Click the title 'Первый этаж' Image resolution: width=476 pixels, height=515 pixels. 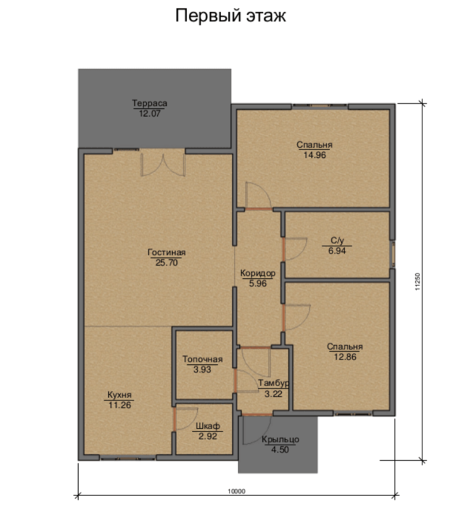coord(231,16)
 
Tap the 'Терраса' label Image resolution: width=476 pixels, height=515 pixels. coord(150,103)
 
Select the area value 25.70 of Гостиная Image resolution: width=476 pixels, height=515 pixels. coord(166,263)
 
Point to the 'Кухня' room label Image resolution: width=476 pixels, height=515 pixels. coord(119,395)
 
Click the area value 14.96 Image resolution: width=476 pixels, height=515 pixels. coord(314,155)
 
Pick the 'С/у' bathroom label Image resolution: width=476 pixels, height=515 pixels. coord(337,240)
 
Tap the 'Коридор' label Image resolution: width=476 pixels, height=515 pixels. coord(258,273)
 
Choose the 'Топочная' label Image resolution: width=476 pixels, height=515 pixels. coord(202,359)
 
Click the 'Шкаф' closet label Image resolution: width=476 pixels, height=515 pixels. coord(208,426)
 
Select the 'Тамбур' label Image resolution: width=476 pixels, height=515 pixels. coord(274,383)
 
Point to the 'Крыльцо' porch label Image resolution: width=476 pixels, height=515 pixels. coord(280,439)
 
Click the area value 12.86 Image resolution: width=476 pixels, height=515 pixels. coord(345,357)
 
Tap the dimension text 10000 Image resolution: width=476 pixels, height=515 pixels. coord(237,491)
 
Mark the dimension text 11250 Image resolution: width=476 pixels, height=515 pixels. coord(417,282)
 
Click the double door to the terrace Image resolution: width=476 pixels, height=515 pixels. coord(162,163)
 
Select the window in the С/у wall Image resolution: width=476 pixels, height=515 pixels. coord(393,255)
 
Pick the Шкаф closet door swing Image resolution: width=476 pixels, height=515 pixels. coord(186,418)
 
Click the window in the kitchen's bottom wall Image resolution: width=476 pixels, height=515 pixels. coord(128,458)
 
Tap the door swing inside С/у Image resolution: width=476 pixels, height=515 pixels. coord(294,249)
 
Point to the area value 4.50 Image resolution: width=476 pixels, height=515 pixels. coord(280,450)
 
